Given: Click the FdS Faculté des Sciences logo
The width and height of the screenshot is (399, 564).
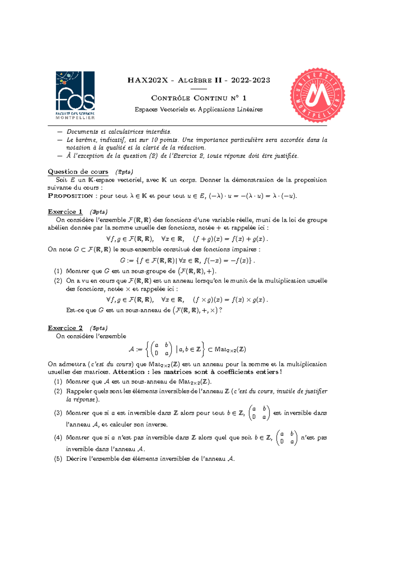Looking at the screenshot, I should click(x=75, y=95).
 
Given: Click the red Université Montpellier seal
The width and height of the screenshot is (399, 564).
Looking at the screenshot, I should click(x=318, y=95).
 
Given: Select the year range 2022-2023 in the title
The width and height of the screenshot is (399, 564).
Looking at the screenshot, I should click(x=250, y=80).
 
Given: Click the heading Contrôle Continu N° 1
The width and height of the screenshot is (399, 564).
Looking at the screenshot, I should click(x=199, y=98).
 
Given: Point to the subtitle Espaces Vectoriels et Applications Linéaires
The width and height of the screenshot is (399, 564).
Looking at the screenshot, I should click(x=199, y=109).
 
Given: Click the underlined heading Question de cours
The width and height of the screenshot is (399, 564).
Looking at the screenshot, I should click(x=78, y=172).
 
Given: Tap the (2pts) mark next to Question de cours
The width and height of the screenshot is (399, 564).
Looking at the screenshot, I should click(x=124, y=172).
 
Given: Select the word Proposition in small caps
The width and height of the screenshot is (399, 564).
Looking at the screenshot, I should click(x=70, y=196).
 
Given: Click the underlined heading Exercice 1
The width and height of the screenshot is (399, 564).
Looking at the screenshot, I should click(x=65, y=212).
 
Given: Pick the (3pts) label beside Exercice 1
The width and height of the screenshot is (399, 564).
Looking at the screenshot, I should click(x=98, y=212).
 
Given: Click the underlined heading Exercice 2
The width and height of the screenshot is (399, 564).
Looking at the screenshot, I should click(x=65, y=328).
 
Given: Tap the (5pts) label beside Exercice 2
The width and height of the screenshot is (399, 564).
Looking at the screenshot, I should click(x=98, y=328).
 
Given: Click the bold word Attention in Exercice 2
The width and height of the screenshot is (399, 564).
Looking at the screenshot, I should click(x=129, y=372).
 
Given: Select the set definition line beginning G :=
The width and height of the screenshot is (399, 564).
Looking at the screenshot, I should click(x=188, y=260).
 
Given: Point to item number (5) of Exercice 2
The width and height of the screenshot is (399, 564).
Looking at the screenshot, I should click(x=58, y=459).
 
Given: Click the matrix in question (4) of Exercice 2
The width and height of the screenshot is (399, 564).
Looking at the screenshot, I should click(x=287, y=438).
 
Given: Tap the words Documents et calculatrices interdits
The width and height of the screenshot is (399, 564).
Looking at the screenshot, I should click(x=119, y=132).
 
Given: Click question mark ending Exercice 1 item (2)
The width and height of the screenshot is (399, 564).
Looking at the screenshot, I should click(x=220, y=310).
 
